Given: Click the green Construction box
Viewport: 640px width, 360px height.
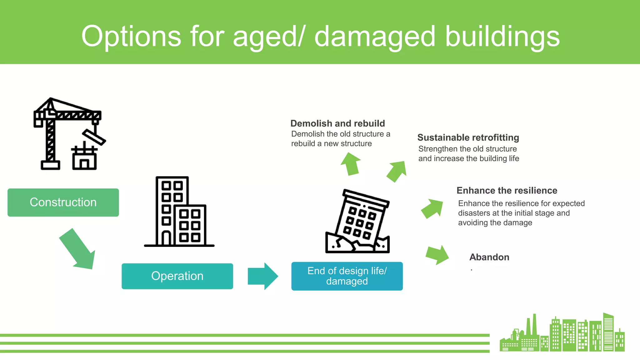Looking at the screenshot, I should [x=63, y=202].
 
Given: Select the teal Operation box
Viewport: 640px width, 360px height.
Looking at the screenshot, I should [x=177, y=276].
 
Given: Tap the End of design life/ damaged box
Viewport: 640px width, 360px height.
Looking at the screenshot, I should [x=347, y=276].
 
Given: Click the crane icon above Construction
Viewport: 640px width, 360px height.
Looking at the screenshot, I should [x=69, y=134].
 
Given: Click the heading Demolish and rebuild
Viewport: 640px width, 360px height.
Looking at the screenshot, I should [x=337, y=123].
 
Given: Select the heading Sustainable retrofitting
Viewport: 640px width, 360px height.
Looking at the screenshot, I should [x=468, y=137].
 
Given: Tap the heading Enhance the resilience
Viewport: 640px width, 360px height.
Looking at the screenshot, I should [x=507, y=190].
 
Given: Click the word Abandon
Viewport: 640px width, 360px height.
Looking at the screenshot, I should [x=489, y=257].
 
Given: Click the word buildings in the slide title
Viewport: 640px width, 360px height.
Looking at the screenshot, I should [x=502, y=37].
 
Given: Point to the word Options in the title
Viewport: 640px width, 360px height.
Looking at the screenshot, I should [x=131, y=37].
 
